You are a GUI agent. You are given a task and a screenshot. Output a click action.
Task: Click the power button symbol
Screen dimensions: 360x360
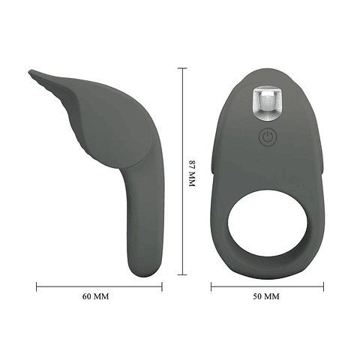click(268, 136)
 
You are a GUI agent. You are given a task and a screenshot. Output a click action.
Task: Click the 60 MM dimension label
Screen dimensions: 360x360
click(95, 296)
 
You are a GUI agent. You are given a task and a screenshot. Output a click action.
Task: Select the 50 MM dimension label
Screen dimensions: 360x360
click(266, 296)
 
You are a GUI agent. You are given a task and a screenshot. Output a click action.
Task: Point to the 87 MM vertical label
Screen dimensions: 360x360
click(192, 173)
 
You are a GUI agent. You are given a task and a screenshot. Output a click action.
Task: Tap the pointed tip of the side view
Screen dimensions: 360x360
click(29, 72)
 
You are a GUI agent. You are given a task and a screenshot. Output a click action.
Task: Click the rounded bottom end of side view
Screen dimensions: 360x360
click(144, 271)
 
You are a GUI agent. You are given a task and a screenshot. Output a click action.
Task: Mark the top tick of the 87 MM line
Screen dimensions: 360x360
click(182, 68)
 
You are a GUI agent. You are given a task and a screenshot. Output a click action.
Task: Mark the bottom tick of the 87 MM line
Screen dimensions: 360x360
click(182, 274)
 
